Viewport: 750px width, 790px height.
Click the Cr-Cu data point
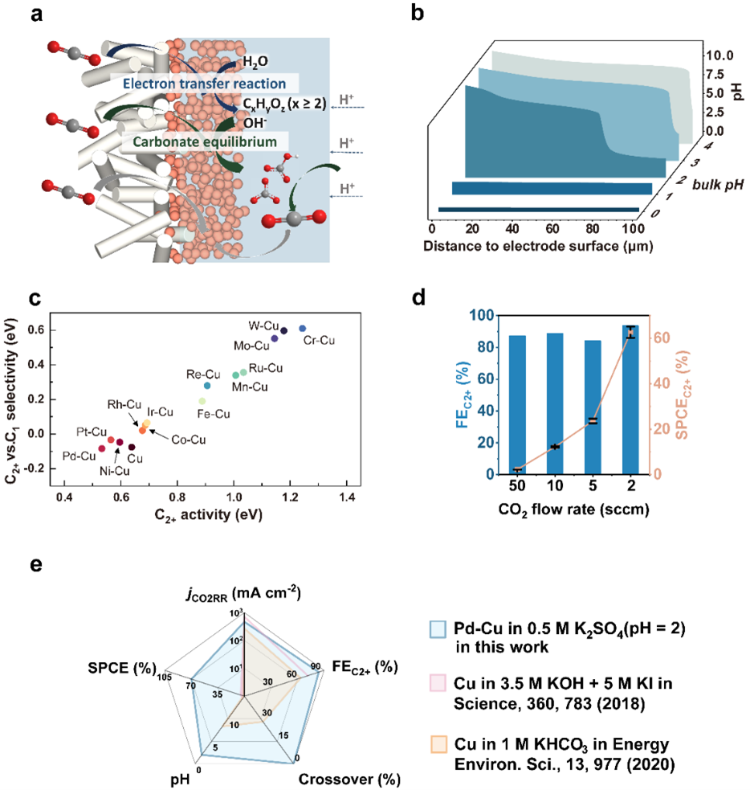(x=302, y=329)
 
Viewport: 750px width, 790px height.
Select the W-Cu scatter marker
(x=283, y=330)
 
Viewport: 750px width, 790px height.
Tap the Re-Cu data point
(x=207, y=387)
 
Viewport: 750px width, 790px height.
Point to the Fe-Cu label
(x=214, y=414)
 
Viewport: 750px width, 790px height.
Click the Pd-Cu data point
(x=102, y=448)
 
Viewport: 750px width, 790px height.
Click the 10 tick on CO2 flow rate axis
(x=555, y=488)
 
